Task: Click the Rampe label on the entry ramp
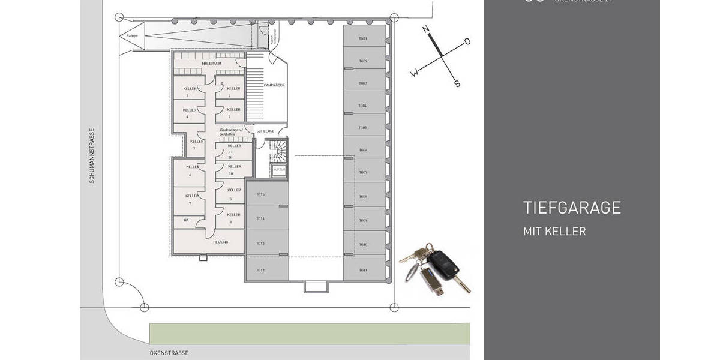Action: [x=132, y=36]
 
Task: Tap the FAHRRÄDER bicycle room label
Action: [x=274, y=85]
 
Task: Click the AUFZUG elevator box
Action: [x=279, y=170]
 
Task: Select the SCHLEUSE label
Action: [x=265, y=130]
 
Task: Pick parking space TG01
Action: [x=363, y=39]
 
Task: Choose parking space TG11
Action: [x=363, y=270]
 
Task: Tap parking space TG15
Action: [x=260, y=194]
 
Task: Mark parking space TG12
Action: [x=260, y=270]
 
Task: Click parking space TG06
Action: [x=363, y=150]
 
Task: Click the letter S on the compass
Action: [x=457, y=84]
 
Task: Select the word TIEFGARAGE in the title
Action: [x=571, y=208]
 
